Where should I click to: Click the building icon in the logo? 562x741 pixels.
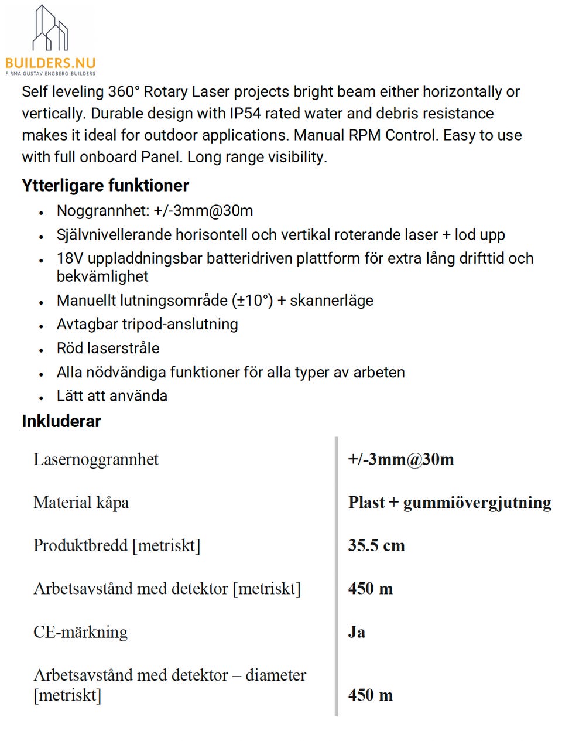click(50, 28)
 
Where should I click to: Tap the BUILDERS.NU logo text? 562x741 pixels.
click(50, 63)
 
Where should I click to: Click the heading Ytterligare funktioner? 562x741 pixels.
click(105, 186)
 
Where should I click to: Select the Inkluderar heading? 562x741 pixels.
click(61, 421)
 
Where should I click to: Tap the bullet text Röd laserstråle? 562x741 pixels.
click(108, 348)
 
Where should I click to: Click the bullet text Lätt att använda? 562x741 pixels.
click(112, 396)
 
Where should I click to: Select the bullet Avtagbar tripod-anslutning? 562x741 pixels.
click(147, 324)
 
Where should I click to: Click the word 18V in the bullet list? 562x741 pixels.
click(69, 258)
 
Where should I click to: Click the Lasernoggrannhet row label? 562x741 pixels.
click(95, 459)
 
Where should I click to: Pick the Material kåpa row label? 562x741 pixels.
click(81, 503)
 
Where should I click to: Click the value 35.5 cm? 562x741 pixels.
click(376, 545)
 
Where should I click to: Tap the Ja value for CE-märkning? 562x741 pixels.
click(357, 632)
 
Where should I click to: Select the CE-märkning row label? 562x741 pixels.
click(80, 632)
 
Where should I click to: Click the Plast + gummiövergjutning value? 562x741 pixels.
click(450, 503)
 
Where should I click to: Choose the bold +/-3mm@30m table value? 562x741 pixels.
click(401, 459)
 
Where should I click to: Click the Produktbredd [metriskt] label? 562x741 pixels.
click(116, 545)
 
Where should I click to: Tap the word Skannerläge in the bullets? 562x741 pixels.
click(331, 301)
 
